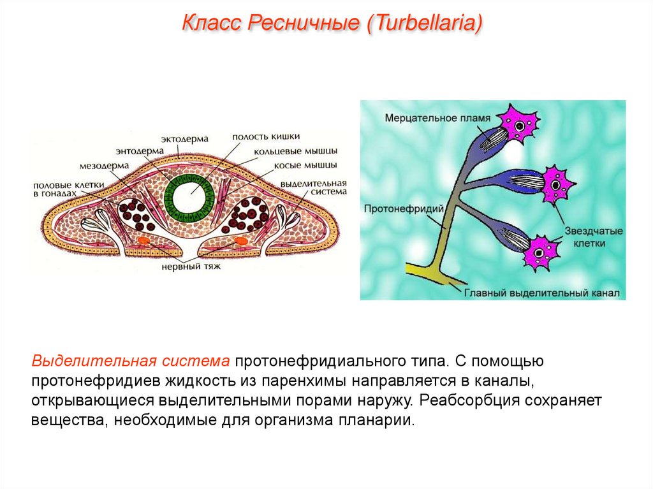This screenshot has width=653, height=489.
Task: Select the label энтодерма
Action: click(140, 151)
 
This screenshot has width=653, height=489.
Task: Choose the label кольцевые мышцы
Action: click(295, 151)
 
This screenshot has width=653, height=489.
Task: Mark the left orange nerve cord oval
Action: click(143, 242)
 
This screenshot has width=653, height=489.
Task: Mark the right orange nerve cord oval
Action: click(241, 241)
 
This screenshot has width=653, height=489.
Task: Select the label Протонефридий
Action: click(396, 208)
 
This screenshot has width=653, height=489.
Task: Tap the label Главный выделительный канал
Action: click(544, 294)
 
